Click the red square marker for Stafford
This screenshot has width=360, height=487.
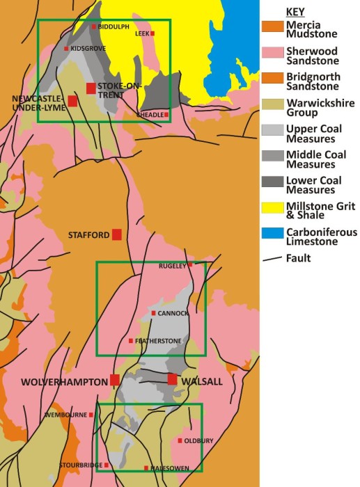click(x=117, y=234)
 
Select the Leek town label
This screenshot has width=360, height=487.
click(x=141, y=33)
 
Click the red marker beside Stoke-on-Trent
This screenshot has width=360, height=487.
click(x=91, y=88)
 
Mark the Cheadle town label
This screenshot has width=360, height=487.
click(x=150, y=114)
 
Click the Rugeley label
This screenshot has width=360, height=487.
click(x=173, y=264)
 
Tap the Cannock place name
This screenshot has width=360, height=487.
click(x=173, y=313)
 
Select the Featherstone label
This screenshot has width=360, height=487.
click(x=158, y=340)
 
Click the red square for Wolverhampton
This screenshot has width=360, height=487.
click(x=115, y=380)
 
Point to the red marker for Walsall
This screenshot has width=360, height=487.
click(x=173, y=379)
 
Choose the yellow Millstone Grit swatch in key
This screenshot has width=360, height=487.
click(x=272, y=209)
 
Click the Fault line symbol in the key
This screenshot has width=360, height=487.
click(x=272, y=258)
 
